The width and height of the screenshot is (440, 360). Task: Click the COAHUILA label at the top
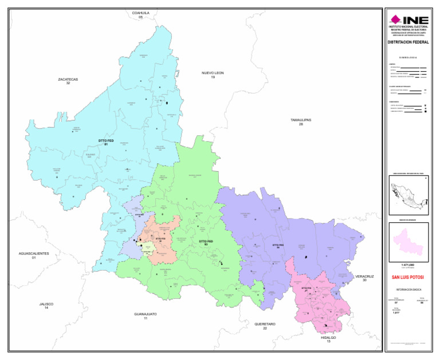pyautogui.click(x=140, y=13)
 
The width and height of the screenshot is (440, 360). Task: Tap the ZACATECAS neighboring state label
pyautogui.click(x=68, y=80)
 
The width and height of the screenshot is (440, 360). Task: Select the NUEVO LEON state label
pyautogui.click(x=213, y=74)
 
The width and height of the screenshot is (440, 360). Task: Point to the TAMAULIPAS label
pyautogui.click(x=300, y=121)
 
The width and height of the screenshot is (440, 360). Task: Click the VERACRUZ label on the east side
pyautogui.click(x=364, y=277)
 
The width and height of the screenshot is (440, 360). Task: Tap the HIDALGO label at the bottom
pyautogui.click(x=328, y=339)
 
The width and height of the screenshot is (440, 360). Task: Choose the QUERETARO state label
pyautogui.click(x=265, y=325)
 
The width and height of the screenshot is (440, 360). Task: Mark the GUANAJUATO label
pyautogui.click(x=146, y=315)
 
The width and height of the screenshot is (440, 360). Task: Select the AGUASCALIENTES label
pyautogui.click(x=34, y=255)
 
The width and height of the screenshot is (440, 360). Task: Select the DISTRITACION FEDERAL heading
pyautogui.click(x=408, y=42)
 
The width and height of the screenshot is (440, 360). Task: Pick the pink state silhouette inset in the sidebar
pyautogui.click(x=408, y=240)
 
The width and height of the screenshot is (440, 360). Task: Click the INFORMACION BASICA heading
pyautogui.click(x=408, y=289)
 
